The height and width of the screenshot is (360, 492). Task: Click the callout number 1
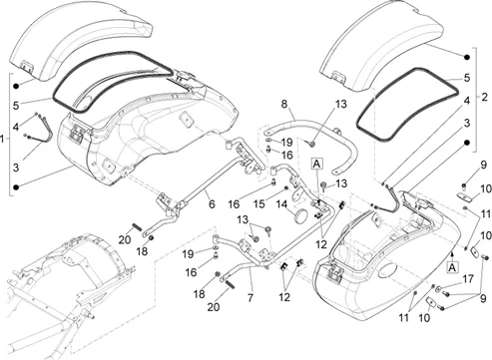2,139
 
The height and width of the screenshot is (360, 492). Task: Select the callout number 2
484,97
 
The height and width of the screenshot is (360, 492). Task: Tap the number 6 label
212,204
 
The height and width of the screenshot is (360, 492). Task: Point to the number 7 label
250,297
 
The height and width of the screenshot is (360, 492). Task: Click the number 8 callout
283,104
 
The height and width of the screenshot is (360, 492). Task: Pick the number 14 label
281,204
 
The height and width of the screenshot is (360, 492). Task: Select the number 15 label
259,203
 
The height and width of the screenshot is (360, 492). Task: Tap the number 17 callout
468,279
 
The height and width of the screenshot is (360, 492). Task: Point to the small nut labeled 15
285,188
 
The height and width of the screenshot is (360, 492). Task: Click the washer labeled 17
439,288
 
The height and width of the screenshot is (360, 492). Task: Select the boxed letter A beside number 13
316,164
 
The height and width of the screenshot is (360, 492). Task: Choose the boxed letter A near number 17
452,267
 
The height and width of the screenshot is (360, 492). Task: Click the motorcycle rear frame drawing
67,292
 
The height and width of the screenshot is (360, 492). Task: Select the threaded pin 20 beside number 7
231,285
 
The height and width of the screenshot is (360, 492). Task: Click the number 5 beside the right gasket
467,78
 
